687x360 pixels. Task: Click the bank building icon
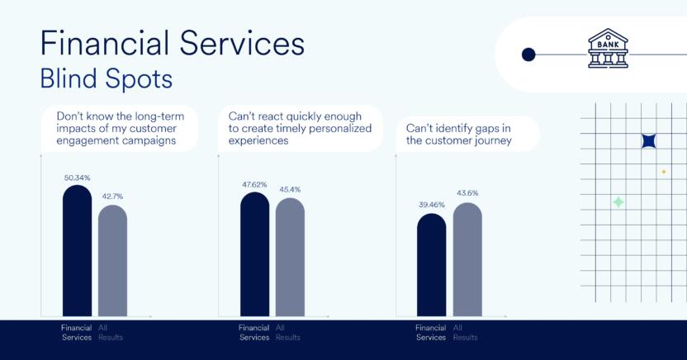tap(608, 48)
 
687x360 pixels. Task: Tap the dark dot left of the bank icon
tap(528, 54)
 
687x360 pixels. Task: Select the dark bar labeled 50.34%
tap(78, 250)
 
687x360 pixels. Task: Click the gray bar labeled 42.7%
tap(112, 261)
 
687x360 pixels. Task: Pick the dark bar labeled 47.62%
tap(255, 254)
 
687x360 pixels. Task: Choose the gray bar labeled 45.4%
tap(290, 257)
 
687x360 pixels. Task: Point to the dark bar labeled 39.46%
tap(432, 265)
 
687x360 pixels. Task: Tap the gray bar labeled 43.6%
tap(467, 259)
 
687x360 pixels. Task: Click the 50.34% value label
tap(77, 178)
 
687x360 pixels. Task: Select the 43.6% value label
tap(467, 193)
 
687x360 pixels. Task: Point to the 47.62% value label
tap(254, 185)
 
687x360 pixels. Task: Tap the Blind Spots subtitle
tap(107, 78)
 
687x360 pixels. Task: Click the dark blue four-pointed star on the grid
tap(649, 141)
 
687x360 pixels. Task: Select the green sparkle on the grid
tap(618, 202)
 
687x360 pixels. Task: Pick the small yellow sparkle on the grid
tap(664, 172)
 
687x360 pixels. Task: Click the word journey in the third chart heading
tap(490, 141)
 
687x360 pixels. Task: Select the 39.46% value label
tap(432, 205)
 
